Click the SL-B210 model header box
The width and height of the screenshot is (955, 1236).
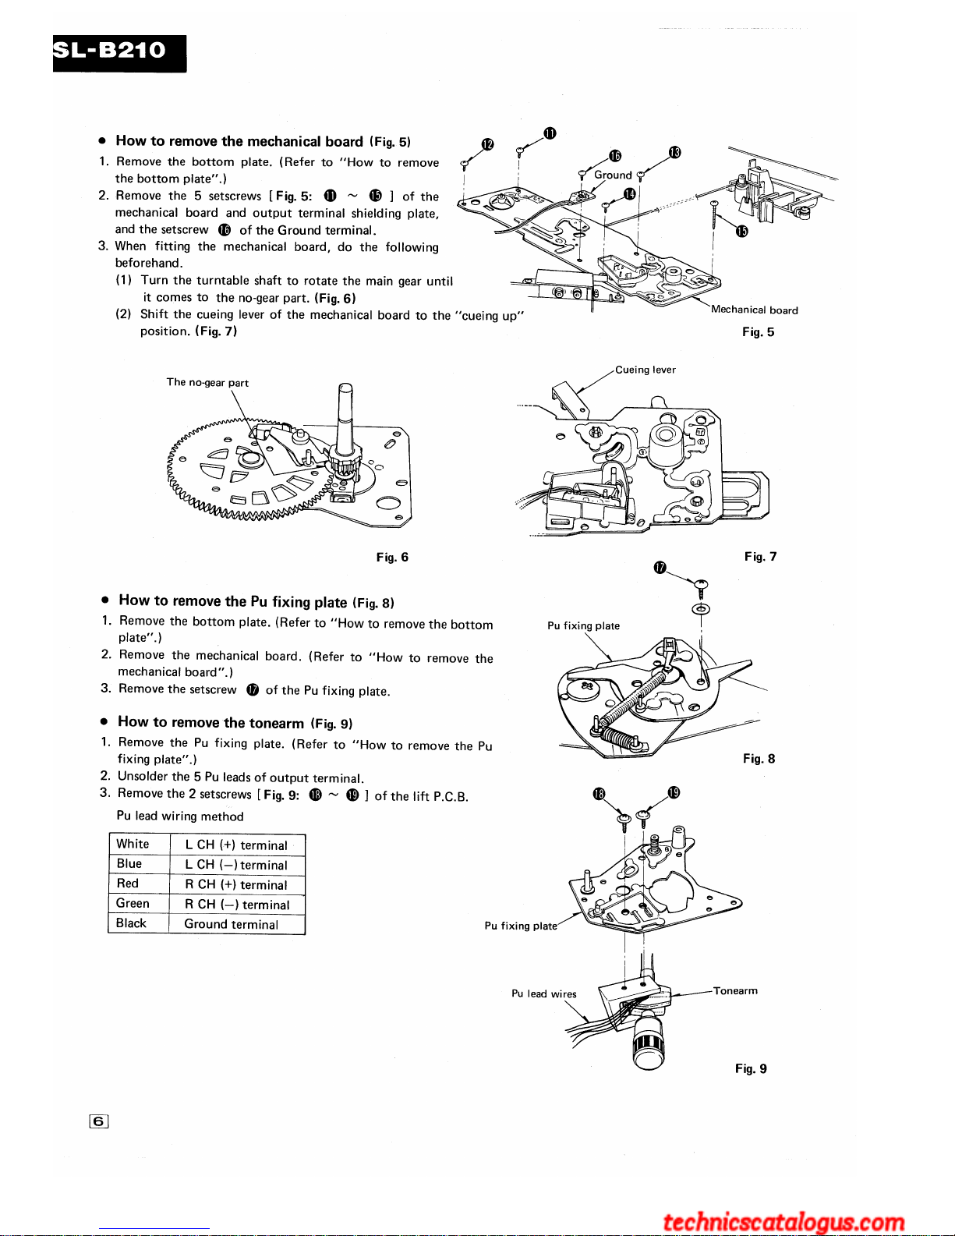119,53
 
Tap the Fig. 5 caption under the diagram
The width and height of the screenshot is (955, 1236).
758,332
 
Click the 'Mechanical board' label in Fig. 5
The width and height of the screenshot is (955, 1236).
755,310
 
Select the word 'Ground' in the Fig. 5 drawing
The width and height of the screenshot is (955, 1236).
613,175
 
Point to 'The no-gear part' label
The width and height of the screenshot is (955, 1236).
207,383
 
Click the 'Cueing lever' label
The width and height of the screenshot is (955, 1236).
646,370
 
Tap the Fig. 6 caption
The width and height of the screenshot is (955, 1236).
392,557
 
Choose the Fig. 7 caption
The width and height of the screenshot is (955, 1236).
760,556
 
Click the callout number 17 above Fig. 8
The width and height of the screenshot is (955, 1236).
660,567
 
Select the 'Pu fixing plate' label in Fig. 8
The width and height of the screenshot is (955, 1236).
583,625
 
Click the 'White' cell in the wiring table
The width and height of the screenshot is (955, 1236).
133,844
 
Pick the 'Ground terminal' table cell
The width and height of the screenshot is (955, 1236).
232,924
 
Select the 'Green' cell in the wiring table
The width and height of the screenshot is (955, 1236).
133,903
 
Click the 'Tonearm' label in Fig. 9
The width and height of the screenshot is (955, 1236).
735,991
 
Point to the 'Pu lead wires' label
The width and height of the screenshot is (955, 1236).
544,993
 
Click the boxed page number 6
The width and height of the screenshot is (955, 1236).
98,1122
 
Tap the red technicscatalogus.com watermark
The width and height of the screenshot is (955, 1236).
783,1221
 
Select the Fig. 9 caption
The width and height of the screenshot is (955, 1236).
751,1068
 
